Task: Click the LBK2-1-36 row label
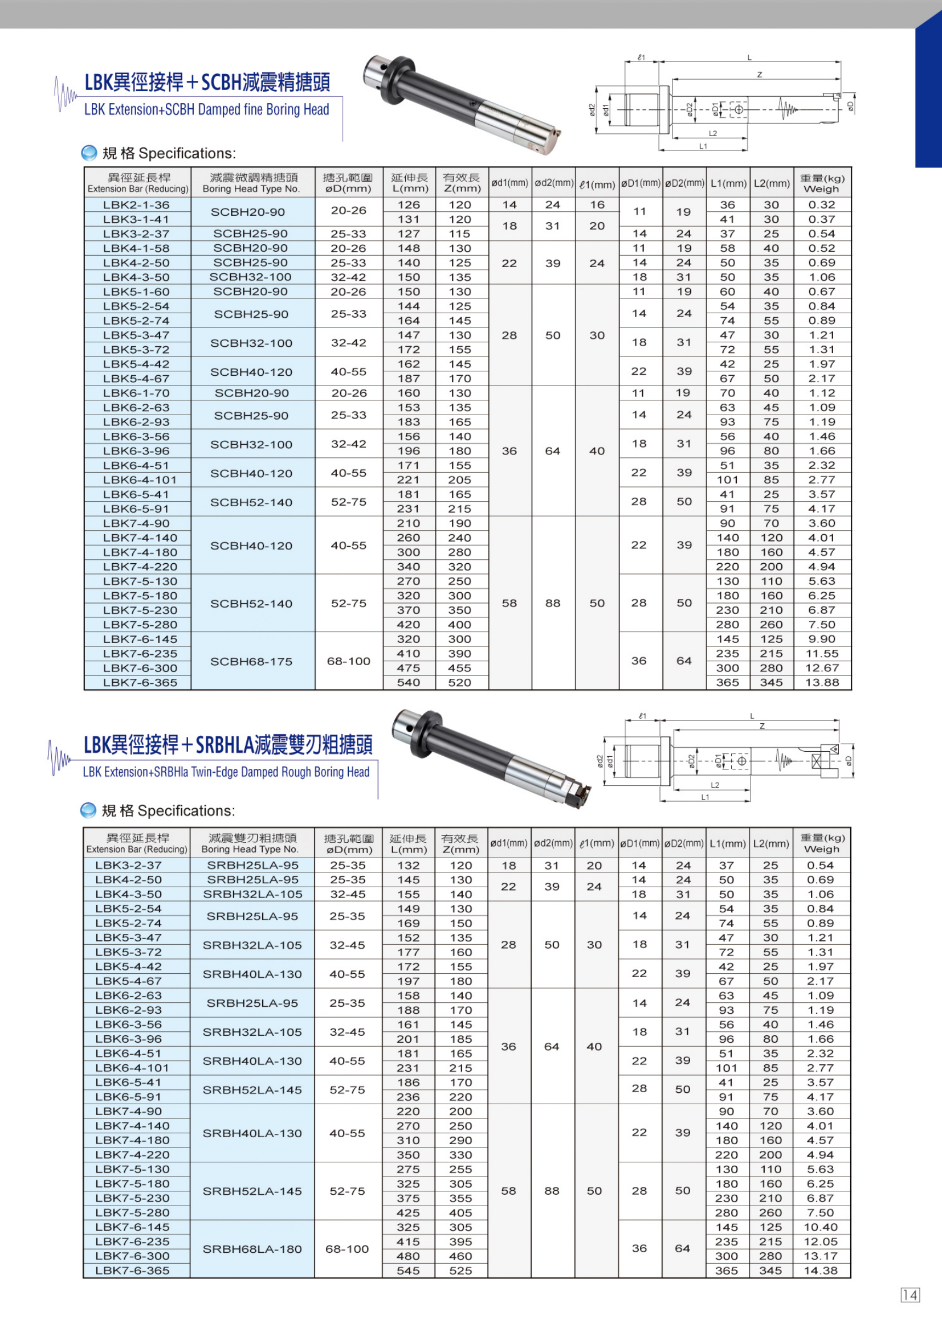136,205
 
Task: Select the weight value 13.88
821,682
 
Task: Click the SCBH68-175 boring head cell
251,661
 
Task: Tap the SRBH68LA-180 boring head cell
252,1249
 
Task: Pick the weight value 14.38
820,1270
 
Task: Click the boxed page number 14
910,1295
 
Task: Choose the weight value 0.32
821,205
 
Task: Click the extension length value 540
409,682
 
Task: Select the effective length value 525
460,1270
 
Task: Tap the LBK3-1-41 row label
136,219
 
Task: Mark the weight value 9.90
821,639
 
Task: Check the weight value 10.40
820,1227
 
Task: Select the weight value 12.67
821,668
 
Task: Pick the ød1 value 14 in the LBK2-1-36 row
509,205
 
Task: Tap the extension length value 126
409,205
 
